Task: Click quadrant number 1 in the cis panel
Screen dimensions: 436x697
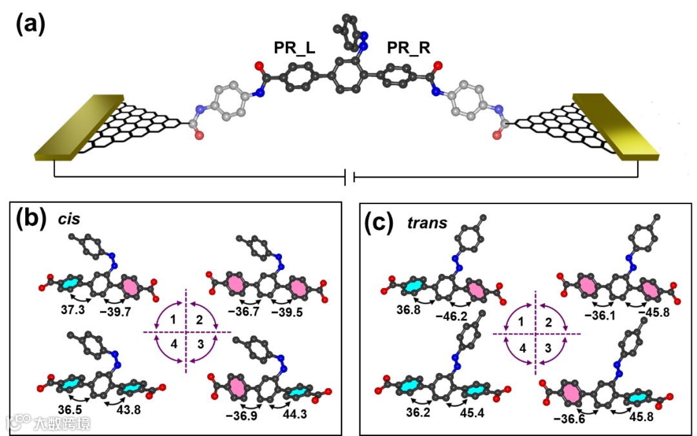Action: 174,320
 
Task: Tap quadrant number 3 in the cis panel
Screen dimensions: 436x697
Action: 201,344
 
